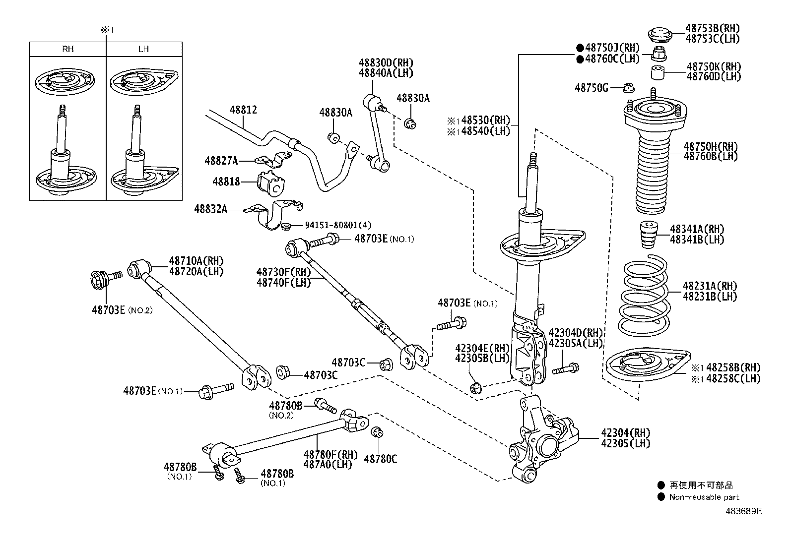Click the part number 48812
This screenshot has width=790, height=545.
pyautogui.click(x=243, y=110)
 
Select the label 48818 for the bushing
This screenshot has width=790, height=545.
pyautogui.click(x=226, y=182)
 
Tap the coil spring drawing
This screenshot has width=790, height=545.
pyautogui.click(x=643, y=295)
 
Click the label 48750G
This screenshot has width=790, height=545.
pyautogui.click(x=591, y=88)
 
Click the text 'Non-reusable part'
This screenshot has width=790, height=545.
pyautogui.click(x=704, y=497)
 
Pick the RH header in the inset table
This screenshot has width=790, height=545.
pyautogui.click(x=68, y=49)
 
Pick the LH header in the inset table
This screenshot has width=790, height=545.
pyautogui.click(x=143, y=49)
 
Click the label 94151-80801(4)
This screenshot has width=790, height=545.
pyautogui.click(x=337, y=225)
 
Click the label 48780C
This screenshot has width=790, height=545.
pyautogui.click(x=381, y=459)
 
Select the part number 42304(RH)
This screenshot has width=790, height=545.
pyautogui.click(x=625, y=432)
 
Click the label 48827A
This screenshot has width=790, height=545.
pyautogui.click(x=221, y=161)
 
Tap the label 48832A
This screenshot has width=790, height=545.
pyautogui.click(x=210, y=209)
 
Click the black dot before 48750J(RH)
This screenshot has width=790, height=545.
pyautogui.click(x=579, y=48)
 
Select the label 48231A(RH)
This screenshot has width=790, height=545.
pyautogui.click(x=710, y=286)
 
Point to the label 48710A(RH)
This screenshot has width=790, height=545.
pyautogui.click(x=196, y=261)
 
